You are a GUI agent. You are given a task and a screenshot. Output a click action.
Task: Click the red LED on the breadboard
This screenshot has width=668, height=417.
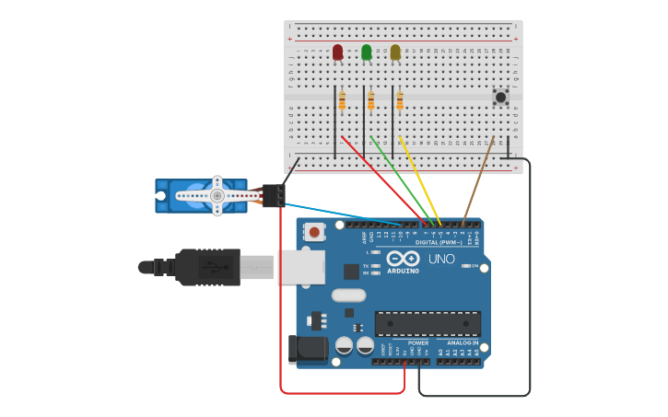tap(337, 52)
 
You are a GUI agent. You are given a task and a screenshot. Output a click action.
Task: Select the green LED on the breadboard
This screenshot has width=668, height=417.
tap(367, 52)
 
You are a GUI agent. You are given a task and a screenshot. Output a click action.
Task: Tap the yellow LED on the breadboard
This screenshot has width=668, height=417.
tap(395, 52)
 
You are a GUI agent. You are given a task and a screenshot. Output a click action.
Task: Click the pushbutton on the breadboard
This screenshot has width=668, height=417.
tap(500, 97)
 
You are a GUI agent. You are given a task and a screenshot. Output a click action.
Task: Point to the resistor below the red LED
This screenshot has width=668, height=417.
tap(342, 100)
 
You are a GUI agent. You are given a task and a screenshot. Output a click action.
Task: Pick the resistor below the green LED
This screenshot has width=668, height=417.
tap(370, 100)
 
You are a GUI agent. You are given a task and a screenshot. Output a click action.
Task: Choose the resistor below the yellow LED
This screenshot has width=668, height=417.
tap(399, 100)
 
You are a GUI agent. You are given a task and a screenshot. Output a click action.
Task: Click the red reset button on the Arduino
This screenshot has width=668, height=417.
tap(314, 233)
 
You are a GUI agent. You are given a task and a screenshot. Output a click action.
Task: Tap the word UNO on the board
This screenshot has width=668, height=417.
tap(441, 259)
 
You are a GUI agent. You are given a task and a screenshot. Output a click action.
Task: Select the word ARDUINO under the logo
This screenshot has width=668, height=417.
tap(404, 271)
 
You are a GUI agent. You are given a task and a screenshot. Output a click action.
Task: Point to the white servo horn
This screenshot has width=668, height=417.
tap(217, 195)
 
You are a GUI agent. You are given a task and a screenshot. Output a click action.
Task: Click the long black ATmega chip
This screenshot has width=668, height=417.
tap(428, 323)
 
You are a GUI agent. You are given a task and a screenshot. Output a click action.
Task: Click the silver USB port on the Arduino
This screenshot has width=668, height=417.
tap(301, 267)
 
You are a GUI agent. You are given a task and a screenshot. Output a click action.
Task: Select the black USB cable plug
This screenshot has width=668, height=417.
tap(207, 267)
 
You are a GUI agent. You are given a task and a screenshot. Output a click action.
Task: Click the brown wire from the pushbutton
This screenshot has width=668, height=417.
tap(478, 180)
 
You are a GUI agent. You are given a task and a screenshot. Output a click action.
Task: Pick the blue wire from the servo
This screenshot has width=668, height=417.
tap(341, 214)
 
